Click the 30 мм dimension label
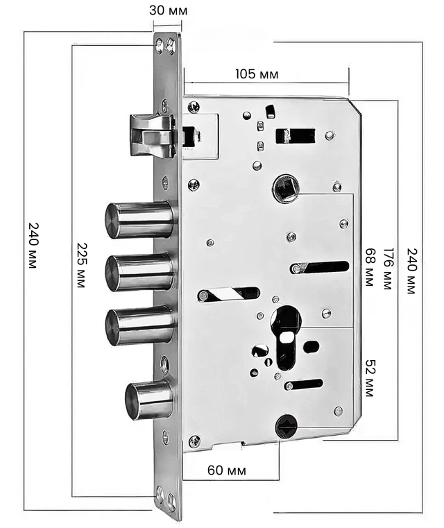pyautogui.click(x=169, y=10)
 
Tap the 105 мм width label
pyautogui.click(x=257, y=74)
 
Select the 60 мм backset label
pyautogui.click(x=227, y=470)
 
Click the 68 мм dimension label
pyautogui.click(x=370, y=267)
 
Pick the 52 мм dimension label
pyautogui.click(x=370, y=378)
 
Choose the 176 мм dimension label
pyautogui.click(x=388, y=269)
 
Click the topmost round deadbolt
pyautogui.click(x=139, y=220)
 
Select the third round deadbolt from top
pyautogui.click(x=140, y=326)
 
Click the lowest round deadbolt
pyautogui.click(x=149, y=400)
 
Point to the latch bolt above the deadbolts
pyautogui.click(x=153, y=135)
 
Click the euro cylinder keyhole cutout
pyautogui.click(x=285, y=337)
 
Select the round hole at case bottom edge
pyautogui.click(x=286, y=427)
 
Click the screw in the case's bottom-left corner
pyautogui.click(x=194, y=441)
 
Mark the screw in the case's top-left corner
pyautogui.click(x=194, y=108)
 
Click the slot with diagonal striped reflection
pyautogui.click(x=229, y=294)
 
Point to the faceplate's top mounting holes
pyautogui.click(x=165, y=46)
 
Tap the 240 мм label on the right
pyautogui.click(x=412, y=271)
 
